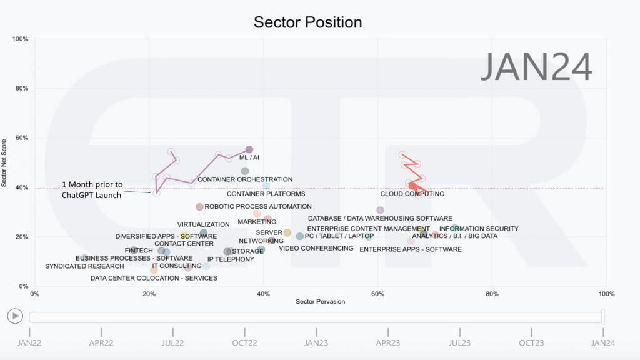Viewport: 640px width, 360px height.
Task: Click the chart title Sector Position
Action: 307,22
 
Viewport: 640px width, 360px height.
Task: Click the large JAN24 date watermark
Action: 536,66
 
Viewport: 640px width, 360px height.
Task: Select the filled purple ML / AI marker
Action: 249,150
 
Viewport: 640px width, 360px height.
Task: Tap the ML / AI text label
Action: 249,157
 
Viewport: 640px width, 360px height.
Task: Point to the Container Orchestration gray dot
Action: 245,171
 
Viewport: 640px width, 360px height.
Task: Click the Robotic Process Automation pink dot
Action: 199,207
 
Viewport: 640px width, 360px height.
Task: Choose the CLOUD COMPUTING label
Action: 412,194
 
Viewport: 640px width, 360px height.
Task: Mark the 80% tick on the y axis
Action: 22,88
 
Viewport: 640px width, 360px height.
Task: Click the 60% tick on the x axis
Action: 377,294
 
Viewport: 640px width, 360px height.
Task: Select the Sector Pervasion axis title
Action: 321,302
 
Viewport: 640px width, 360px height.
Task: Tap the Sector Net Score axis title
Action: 4,163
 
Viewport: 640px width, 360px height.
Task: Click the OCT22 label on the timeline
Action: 244,343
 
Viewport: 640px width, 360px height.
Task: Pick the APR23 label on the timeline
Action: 387,343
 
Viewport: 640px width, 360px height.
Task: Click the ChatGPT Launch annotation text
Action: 92,190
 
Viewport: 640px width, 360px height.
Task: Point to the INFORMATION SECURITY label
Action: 479,229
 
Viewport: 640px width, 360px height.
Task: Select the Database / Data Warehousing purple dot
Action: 380,210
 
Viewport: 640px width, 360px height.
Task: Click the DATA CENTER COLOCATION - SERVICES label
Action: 154,278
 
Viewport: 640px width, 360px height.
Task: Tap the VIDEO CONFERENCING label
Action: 316,248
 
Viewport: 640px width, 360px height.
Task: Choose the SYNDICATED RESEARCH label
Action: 84,266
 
